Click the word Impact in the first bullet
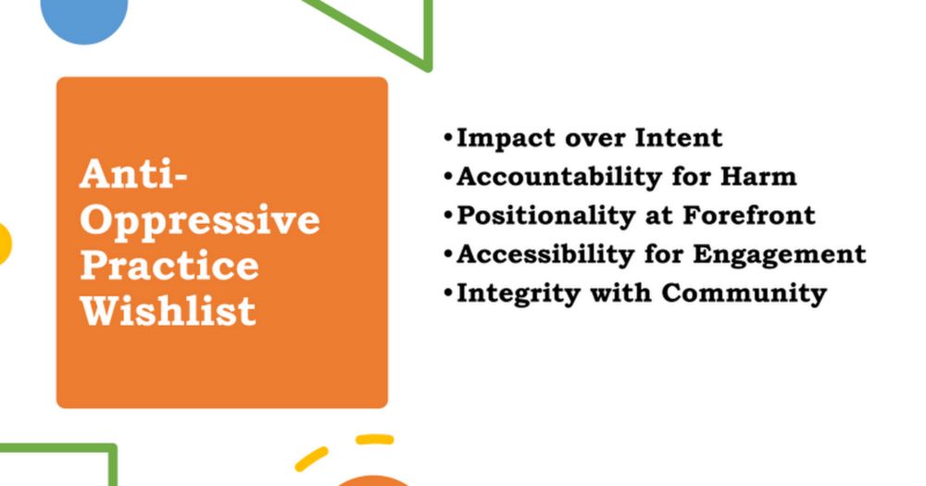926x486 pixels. [x=507, y=139]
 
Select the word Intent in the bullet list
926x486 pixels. [x=679, y=137]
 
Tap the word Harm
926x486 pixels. [x=758, y=176]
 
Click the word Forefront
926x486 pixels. [x=749, y=215]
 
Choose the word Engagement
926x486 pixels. [x=780, y=255]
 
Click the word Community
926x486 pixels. [x=745, y=294]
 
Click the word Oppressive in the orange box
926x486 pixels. [x=200, y=222]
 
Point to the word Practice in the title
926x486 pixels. [x=169, y=265]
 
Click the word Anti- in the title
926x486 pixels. [x=133, y=174]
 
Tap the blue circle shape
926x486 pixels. [x=84, y=19]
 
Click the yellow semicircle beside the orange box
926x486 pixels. [x=5, y=243]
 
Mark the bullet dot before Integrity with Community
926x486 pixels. [x=448, y=293]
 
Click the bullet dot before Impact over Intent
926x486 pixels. [x=448, y=138]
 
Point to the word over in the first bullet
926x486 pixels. [x=595, y=140]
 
